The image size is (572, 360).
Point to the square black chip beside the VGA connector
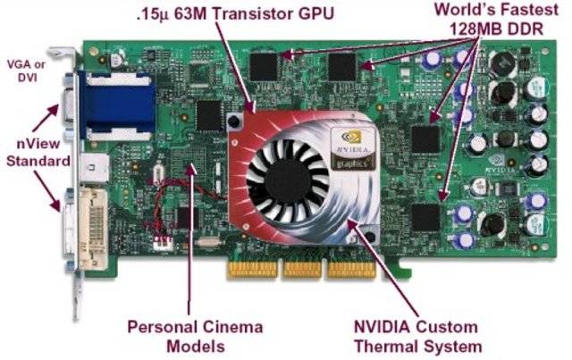[208, 114]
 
